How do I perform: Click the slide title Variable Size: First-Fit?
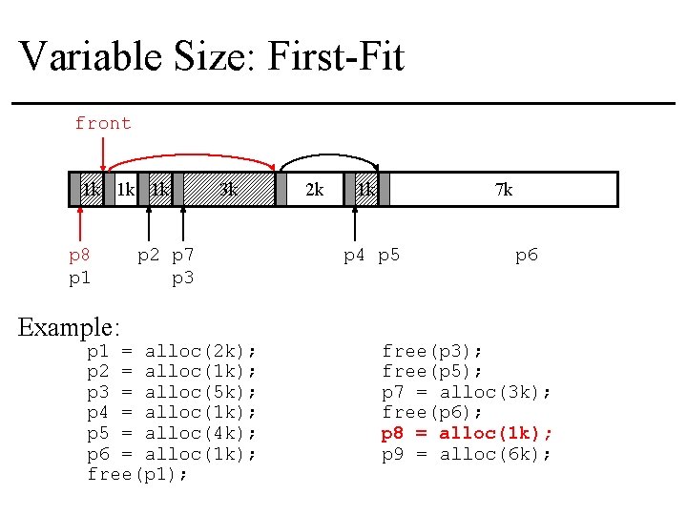point(212,56)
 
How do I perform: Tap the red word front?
point(103,123)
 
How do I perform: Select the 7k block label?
point(503,190)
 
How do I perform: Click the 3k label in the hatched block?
point(229,189)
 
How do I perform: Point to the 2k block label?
point(313,190)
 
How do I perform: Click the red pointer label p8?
point(80,256)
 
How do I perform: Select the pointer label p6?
point(527,256)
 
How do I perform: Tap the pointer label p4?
point(355,256)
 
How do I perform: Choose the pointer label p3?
point(182,278)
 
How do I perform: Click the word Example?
point(70,327)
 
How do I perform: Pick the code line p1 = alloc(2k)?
point(172,351)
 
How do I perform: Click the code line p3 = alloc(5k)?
point(172,392)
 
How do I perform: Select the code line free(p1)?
point(137,474)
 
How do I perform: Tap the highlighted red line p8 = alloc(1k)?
point(467,433)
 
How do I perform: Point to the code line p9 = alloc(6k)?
point(467,454)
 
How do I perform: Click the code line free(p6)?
point(432,412)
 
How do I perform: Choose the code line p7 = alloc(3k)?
point(467,392)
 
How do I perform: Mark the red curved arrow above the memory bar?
point(191,154)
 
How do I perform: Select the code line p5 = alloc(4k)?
point(172,433)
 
